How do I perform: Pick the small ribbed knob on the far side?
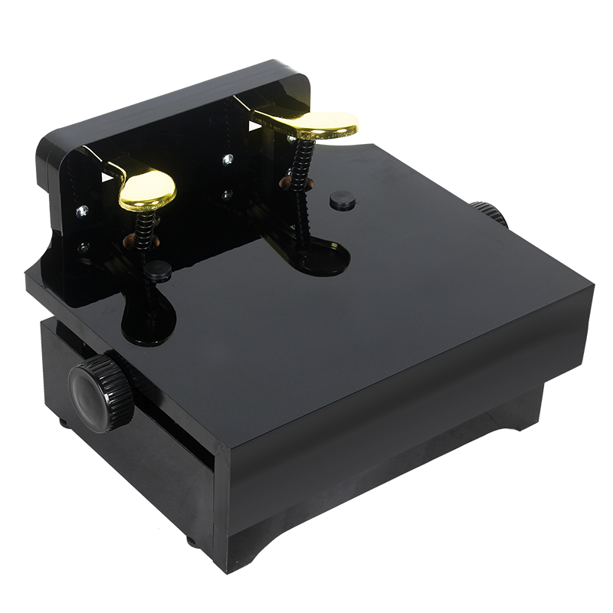point(487,212)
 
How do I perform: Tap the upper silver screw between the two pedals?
point(228,159)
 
